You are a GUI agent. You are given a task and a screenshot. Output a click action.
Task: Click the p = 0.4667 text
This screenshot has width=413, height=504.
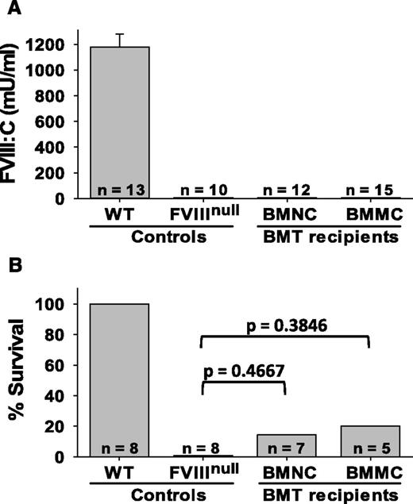(247, 370)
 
